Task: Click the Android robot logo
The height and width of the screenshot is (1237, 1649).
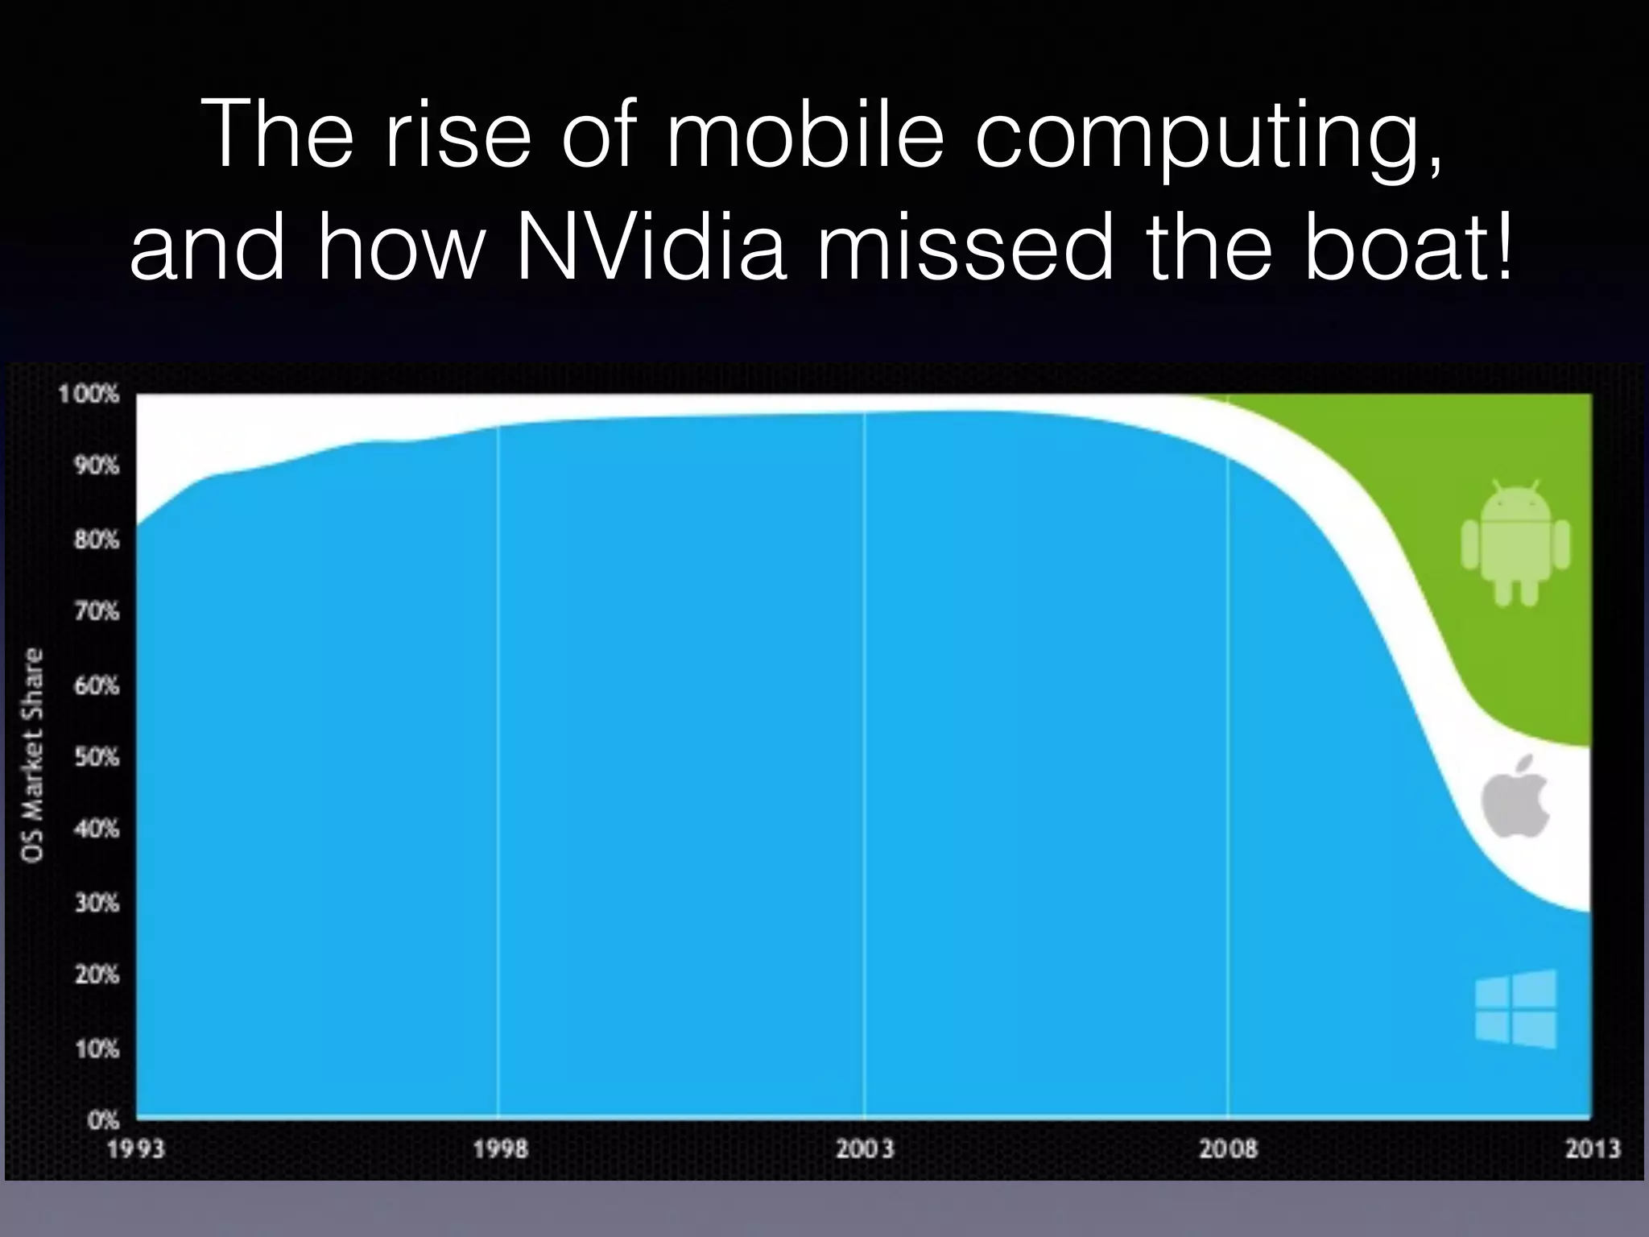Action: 1515,542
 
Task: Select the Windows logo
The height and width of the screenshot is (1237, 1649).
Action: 1515,1009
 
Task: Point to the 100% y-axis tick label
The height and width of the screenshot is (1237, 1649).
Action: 89,395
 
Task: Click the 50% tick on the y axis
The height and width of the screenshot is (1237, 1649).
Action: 97,758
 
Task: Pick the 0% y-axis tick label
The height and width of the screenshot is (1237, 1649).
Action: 103,1120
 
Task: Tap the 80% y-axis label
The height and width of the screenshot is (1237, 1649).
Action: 97,539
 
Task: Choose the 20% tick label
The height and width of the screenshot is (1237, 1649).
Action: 97,975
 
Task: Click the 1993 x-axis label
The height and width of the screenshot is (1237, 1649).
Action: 135,1148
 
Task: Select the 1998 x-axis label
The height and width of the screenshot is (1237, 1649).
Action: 499,1148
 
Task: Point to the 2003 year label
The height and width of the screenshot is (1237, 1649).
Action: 864,1148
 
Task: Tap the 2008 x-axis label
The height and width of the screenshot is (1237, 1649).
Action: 1228,1148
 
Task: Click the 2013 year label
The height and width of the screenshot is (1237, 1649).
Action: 1592,1148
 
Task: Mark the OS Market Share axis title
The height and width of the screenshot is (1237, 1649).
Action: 33,755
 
